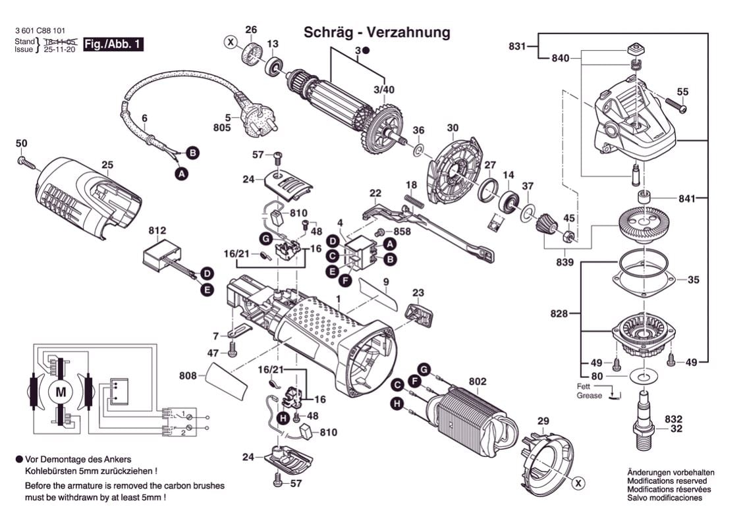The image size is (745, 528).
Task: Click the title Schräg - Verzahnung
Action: (x=377, y=32)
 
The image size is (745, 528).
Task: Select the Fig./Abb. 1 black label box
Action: (x=113, y=45)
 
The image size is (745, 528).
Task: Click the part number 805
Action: (x=222, y=128)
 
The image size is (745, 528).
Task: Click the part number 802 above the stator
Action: (x=478, y=381)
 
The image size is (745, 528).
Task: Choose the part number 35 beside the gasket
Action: (x=693, y=280)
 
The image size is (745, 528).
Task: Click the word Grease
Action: (x=590, y=396)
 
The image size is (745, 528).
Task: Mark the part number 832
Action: (x=673, y=419)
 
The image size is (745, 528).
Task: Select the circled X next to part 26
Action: (x=231, y=43)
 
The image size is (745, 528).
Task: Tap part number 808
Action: (x=188, y=375)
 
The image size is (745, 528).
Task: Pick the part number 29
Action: (x=543, y=421)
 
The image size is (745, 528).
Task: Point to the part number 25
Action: (x=107, y=165)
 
